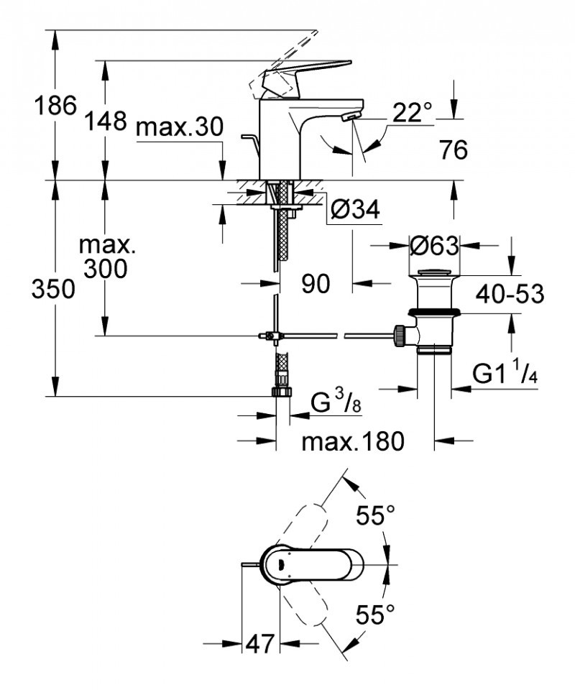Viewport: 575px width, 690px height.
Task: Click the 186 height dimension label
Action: click(55, 106)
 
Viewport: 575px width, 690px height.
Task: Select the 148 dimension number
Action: click(106, 120)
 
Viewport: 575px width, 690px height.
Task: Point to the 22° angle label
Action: click(413, 111)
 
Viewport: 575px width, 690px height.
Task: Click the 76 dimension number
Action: click(453, 150)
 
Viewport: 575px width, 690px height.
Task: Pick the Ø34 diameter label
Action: click(355, 209)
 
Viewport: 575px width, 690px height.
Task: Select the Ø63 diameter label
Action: click(434, 247)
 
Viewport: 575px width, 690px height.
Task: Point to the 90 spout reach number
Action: click(315, 284)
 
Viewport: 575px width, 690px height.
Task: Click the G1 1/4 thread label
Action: click(506, 373)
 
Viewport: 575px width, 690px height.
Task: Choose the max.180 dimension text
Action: click(353, 441)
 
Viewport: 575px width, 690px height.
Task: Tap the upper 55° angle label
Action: click(377, 515)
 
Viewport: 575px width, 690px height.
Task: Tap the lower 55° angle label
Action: click(377, 615)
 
